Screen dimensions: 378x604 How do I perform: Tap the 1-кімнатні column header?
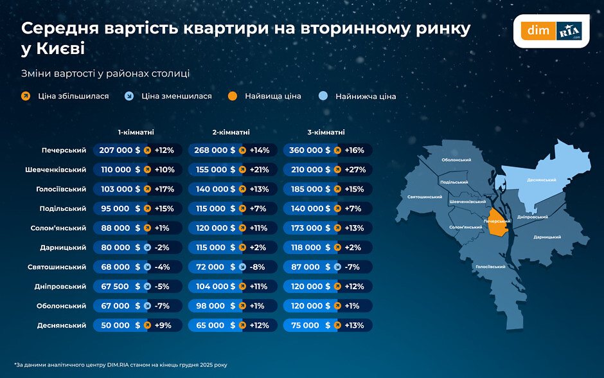[x=136, y=132]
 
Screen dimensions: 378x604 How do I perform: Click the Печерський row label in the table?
[x=64, y=150]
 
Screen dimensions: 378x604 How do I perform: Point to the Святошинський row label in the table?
[x=58, y=267]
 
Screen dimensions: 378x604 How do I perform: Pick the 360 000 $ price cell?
[x=310, y=150]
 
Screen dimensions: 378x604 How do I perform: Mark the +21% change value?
[x=259, y=170]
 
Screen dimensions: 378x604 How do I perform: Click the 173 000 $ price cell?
[x=310, y=228]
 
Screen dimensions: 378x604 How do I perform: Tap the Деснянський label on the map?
[x=541, y=180]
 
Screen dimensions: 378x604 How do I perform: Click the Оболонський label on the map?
[x=457, y=159]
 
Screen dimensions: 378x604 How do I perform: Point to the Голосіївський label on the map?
[x=490, y=266]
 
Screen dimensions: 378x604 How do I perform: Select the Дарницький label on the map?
[x=547, y=237]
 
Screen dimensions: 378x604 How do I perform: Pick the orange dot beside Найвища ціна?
[x=233, y=96]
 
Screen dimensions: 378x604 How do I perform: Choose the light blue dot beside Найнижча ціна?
[x=324, y=96]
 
